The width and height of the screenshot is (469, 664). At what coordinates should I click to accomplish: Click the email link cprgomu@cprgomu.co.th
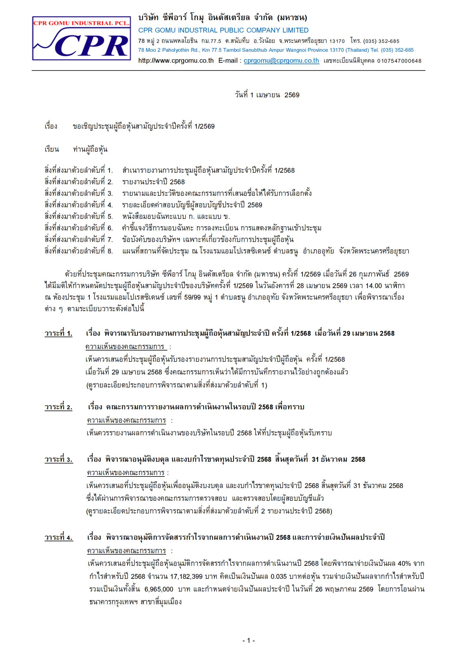click(x=281, y=61)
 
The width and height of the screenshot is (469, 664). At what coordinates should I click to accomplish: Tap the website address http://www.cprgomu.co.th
click(x=176, y=61)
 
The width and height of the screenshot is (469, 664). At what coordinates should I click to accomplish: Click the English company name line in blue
click(x=223, y=30)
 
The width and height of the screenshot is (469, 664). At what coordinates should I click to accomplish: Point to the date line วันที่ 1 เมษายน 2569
click(x=267, y=95)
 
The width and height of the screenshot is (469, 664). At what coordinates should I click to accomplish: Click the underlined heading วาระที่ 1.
click(x=58, y=333)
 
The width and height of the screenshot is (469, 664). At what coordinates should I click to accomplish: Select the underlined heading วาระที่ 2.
click(x=58, y=407)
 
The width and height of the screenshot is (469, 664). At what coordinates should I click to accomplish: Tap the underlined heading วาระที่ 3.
click(x=59, y=459)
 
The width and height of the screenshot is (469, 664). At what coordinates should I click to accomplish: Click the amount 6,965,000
click(x=159, y=589)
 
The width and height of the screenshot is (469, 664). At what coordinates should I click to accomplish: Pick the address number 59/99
click(x=192, y=297)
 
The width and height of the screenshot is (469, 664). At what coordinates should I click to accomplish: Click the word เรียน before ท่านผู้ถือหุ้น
click(x=52, y=149)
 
